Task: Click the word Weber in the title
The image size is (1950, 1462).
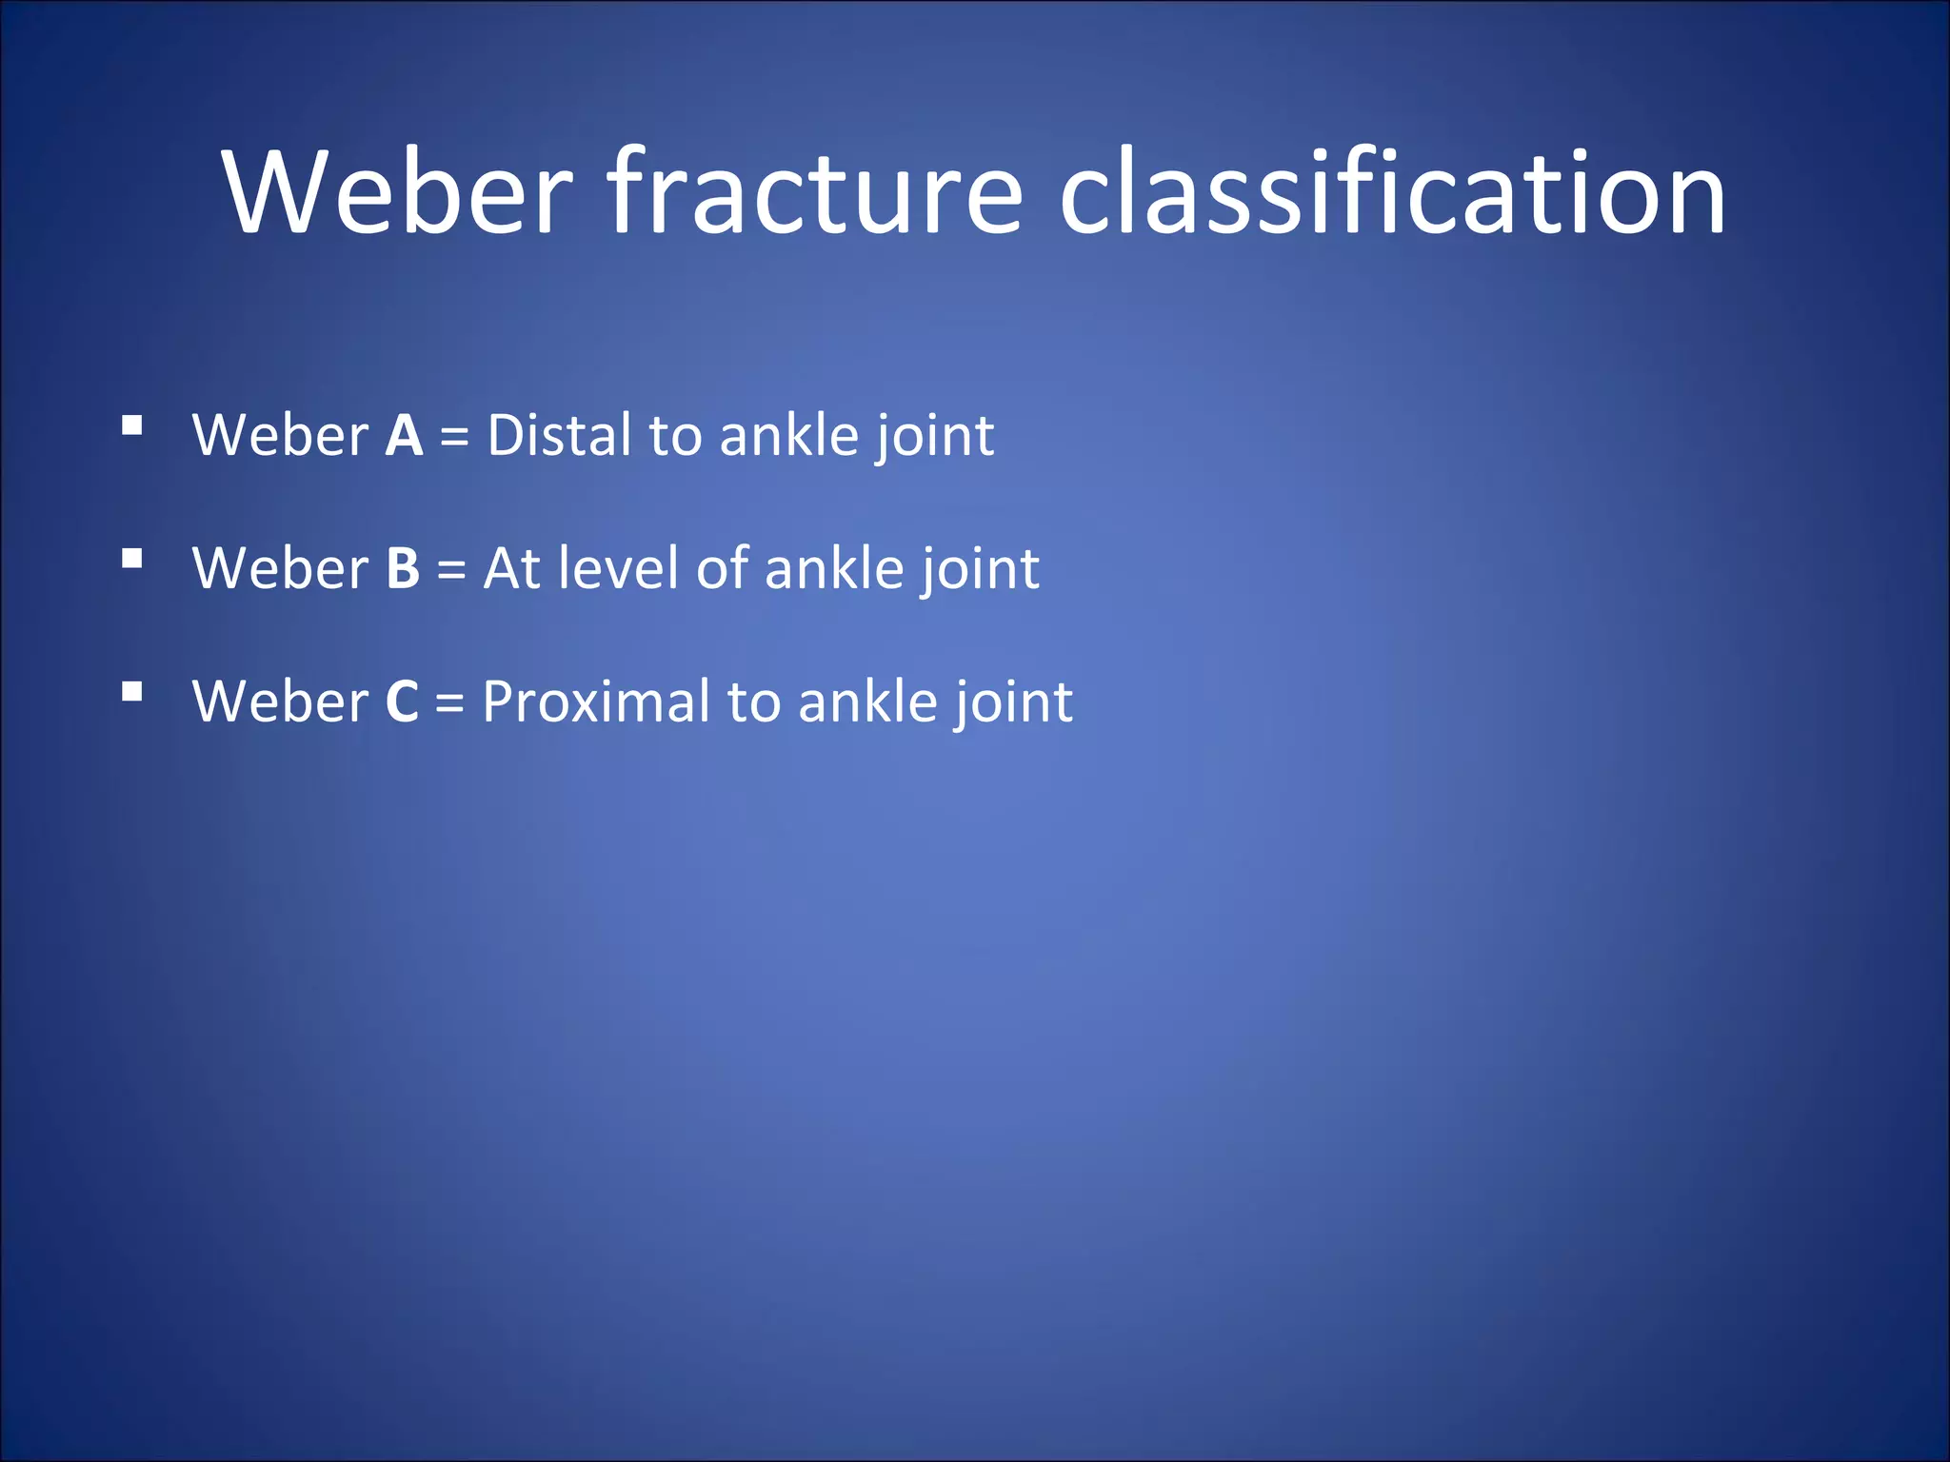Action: [398, 192]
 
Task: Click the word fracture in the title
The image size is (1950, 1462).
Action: [815, 192]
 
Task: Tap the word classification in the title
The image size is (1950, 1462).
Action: [1392, 192]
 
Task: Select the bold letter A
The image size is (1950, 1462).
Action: [404, 436]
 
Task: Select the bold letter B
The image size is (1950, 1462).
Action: [403, 569]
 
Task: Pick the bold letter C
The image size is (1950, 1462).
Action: [402, 702]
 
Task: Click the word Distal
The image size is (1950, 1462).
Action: [559, 436]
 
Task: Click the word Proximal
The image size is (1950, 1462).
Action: [596, 702]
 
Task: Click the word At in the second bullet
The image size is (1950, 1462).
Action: [512, 569]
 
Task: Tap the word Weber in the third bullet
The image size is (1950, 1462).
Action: [280, 702]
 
